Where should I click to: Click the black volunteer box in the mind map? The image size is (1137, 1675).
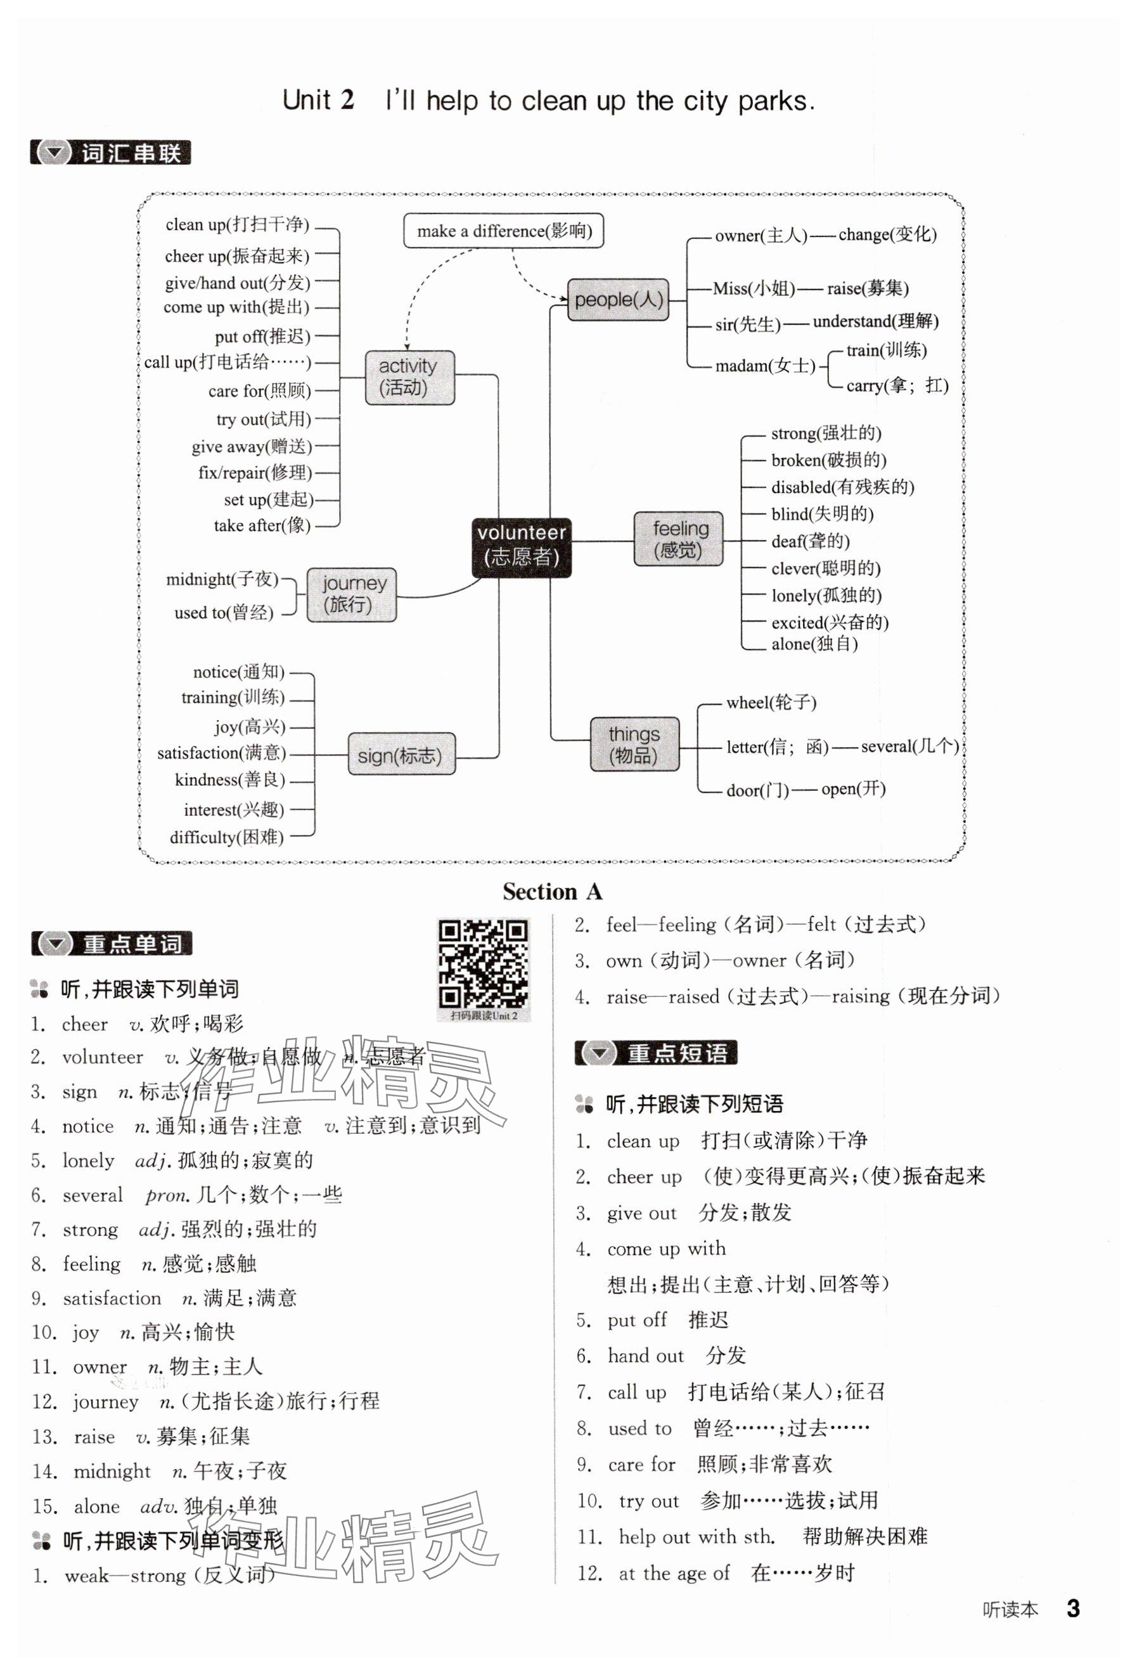(521, 547)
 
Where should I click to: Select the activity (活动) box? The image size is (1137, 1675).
(409, 378)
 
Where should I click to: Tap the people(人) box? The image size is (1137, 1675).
(618, 300)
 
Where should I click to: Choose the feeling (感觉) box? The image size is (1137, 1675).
(678, 539)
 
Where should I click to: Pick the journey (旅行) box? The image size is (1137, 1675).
(351, 594)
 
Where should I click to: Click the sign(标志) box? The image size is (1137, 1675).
(401, 755)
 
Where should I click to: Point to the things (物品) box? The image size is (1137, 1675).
(634, 745)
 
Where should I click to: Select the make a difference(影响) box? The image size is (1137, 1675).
(503, 231)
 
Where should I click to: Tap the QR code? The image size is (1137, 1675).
(483, 964)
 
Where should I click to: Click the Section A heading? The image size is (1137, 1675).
(551, 892)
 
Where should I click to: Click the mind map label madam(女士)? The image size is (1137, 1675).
(764, 366)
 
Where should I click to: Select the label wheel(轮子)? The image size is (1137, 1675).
(771, 703)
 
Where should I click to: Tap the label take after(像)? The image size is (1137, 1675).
(262, 525)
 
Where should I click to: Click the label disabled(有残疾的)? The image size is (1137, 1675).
(842, 487)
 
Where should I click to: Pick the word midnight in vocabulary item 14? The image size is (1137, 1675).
(112, 1471)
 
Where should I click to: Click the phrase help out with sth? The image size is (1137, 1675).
(697, 1537)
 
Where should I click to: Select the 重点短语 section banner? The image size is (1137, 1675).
(655, 1054)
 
